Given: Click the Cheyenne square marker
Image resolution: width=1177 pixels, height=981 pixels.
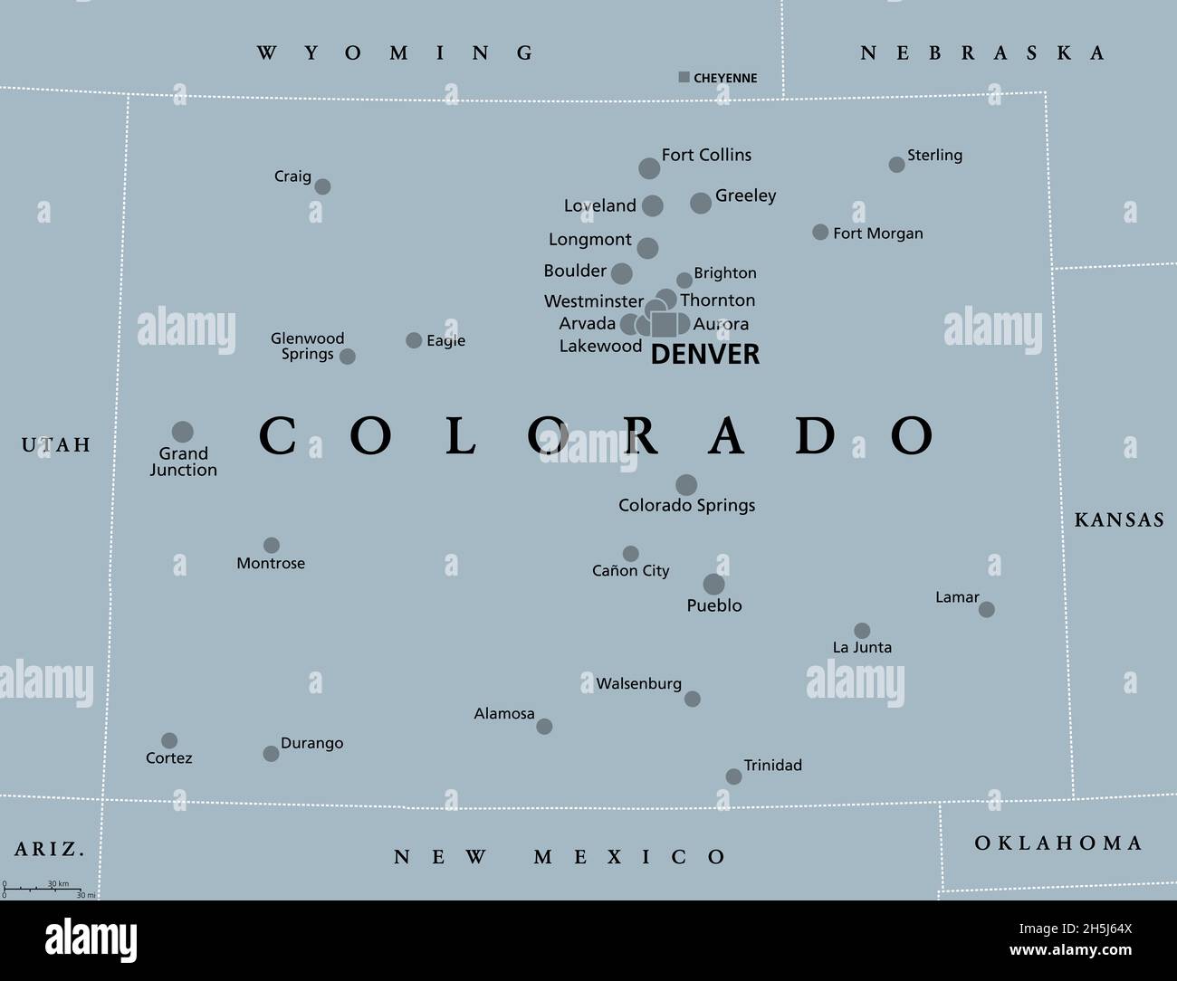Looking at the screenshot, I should (684, 78).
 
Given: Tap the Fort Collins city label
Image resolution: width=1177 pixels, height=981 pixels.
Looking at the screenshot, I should (706, 155).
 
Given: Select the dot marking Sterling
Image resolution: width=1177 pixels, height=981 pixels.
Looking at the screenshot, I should (896, 165).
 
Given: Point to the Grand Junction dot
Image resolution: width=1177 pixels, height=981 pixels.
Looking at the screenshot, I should (183, 432).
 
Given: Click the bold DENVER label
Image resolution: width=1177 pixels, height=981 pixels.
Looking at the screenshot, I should (705, 355).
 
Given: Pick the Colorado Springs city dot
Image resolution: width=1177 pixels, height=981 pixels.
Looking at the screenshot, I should (686, 485).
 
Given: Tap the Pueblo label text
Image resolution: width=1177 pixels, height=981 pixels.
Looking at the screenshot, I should (714, 605).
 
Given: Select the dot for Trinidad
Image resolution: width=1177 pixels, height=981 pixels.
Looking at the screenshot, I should (734, 776).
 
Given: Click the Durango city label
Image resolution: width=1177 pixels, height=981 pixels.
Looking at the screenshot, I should (311, 743).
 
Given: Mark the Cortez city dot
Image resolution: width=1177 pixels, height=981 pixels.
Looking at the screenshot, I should (169, 741).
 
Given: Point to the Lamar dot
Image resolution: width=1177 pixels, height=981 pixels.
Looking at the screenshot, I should (987, 610).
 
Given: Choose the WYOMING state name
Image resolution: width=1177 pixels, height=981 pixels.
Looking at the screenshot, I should (396, 52).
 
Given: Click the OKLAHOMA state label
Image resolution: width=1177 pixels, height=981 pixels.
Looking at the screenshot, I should (1058, 843).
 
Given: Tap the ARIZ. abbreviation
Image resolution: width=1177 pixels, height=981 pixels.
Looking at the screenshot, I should (50, 849).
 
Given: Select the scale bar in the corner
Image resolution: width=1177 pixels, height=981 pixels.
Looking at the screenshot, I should (43, 889).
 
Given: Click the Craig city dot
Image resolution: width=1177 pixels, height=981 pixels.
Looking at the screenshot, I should (322, 187).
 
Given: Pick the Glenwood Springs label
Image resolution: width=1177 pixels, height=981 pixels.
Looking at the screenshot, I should (308, 346).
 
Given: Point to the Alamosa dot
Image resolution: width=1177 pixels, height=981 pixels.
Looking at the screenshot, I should (544, 727).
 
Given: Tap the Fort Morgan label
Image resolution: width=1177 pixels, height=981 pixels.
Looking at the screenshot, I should (878, 233).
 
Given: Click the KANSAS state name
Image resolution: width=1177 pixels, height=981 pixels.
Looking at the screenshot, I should (1119, 519).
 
